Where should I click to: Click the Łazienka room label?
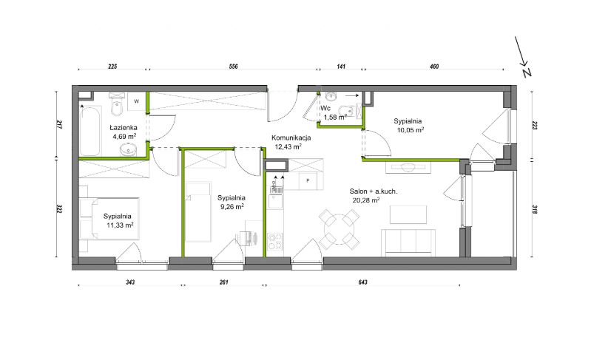(x=124, y=128)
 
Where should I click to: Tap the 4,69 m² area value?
(x=124, y=136)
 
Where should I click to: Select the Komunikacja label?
(x=291, y=137)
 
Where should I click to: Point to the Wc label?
(x=325, y=109)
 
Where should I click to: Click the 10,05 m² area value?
(x=410, y=130)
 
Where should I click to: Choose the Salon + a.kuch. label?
(x=373, y=191)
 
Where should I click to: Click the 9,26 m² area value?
(x=232, y=206)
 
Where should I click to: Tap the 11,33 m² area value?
(x=120, y=225)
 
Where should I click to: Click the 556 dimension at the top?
(x=233, y=67)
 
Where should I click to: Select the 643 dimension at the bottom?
(x=363, y=282)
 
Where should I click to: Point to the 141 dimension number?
(x=341, y=67)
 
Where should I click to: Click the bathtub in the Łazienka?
(x=90, y=131)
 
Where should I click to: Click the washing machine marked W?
(x=136, y=101)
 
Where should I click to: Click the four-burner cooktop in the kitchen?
(x=274, y=242)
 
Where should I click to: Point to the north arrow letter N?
(x=527, y=72)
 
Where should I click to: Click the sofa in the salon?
(x=408, y=242)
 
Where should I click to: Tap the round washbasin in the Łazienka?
(x=129, y=150)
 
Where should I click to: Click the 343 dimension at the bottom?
(x=130, y=282)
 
